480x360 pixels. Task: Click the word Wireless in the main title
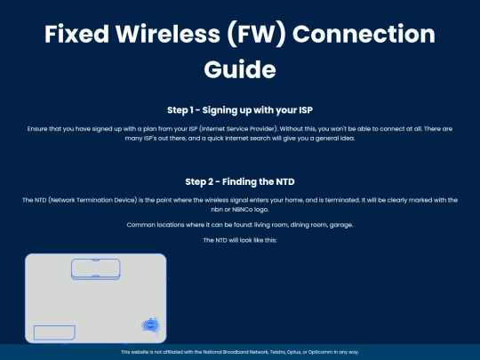click(x=168, y=34)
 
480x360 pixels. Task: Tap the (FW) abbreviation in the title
click(x=256, y=35)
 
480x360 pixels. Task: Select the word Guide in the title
click(x=240, y=69)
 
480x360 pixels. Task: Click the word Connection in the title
click(x=364, y=34)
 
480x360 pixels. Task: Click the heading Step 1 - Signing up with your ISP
click(x=240, y=110)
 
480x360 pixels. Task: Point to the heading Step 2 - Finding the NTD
click(x=240, y=182)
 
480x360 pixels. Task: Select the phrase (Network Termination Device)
click(x=92, y=200)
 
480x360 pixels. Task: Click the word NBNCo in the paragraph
click(x=242, y=210)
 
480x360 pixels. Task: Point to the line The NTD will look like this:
click(x=240, y=240)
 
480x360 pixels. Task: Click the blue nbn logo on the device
click(x=150, y=325)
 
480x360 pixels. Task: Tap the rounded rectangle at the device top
click(x=96, y=269)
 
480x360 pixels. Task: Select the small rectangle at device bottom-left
click(x=54, y=332)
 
